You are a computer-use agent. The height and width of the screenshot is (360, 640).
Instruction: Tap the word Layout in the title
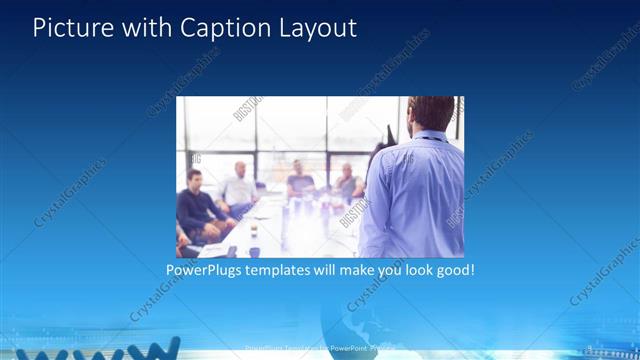point(314,28)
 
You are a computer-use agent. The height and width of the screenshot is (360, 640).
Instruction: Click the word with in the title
point(146,28)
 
